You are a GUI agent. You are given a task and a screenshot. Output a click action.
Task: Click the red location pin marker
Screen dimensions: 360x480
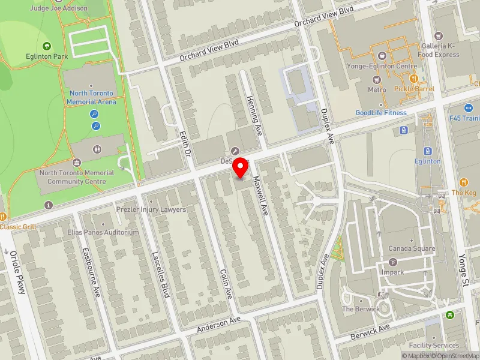[x=241, y=166]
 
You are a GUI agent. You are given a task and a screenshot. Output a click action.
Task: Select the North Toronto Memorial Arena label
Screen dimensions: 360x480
[x=92, y=97]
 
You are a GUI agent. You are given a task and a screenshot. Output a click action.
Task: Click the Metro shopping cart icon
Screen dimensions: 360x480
[x=377, y=79]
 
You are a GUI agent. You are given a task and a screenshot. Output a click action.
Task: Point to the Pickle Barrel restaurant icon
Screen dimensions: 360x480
[x=413, y=79]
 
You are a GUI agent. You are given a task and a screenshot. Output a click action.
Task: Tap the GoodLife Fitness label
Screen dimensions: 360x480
[x=380, y=113]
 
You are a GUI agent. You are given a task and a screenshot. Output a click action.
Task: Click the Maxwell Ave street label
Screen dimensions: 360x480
[x=260, y=196]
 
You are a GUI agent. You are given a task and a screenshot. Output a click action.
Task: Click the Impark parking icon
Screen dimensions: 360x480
[x=393, y=262]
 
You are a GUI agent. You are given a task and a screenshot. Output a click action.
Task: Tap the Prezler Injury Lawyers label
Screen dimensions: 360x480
[x=152, y=209]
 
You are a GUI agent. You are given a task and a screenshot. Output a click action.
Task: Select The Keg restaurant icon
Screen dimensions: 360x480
[x=464, y=182]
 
